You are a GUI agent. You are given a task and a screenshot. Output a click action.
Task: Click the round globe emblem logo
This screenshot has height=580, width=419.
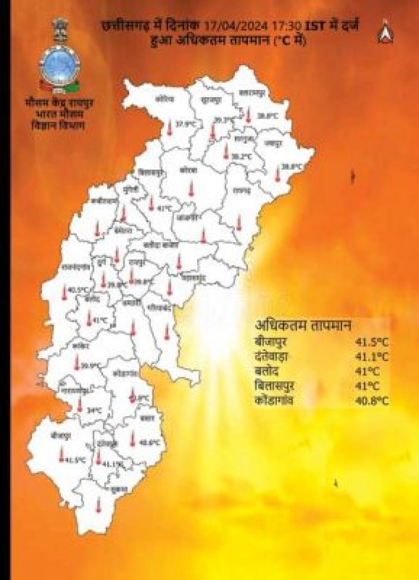pos(59,66)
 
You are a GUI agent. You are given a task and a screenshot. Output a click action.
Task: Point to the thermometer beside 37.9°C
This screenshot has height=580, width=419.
pos(169,129)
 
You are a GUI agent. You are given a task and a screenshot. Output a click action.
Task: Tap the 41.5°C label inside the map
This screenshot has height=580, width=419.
pos(75,460)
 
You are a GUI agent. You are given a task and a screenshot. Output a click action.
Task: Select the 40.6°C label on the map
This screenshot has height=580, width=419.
pos(149,443)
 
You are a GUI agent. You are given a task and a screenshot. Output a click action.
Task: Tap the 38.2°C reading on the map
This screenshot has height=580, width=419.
pos(241,157)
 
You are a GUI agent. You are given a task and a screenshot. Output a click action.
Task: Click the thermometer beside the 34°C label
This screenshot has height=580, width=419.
pos(80,405)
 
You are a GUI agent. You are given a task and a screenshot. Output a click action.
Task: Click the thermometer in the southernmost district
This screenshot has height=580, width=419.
pos(98,505)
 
